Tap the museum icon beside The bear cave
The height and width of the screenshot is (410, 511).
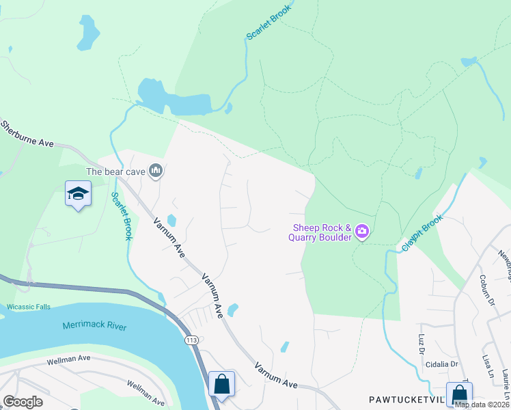(x=156, y=171)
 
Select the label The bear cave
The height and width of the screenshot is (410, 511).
(x=115, y=172)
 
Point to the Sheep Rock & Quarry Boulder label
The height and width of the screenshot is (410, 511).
(x=322, y=232)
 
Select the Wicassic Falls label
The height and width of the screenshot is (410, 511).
(x=26, y=307)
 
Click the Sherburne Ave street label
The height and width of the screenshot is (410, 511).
(x=27, y=134)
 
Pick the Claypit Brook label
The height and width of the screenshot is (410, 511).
(x=423, y=233)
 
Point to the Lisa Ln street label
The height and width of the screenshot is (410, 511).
(x=487, y=366)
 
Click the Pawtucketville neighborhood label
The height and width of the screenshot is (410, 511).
(x=406, y=398)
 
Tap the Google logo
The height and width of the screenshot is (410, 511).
(x=23, y=402)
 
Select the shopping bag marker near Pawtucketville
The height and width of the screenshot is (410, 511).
(x=460, y=395)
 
